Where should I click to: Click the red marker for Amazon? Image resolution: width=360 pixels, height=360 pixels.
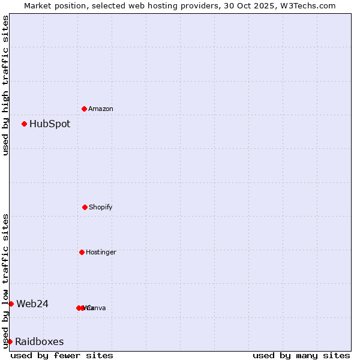[85, 109]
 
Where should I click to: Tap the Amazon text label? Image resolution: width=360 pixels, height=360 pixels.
[101, 109]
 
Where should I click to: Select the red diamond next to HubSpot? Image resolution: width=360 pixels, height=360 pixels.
[25, 124]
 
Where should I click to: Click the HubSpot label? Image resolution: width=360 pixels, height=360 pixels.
[50, 124]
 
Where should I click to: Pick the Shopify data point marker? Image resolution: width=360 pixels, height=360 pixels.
[85, 207]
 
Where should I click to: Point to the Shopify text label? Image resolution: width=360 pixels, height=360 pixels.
[101, 208]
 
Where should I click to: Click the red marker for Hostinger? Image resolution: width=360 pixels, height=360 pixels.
[82, 252]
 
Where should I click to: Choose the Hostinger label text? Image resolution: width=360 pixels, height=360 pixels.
[101, 253]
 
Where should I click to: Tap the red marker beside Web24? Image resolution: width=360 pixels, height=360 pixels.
[11, 304]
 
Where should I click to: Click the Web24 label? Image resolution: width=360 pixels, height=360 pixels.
[32, 304]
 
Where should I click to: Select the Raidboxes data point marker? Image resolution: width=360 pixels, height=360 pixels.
[10, 341]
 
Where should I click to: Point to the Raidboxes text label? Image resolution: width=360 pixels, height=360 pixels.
[40, 342]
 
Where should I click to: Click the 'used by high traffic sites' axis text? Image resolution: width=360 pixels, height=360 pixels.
[5, 85]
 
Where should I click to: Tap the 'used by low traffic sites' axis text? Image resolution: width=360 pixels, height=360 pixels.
[5, 280]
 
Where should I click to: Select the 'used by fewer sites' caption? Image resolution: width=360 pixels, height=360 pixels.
[62, 355]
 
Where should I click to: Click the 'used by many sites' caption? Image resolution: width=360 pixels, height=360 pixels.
[301, 355]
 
